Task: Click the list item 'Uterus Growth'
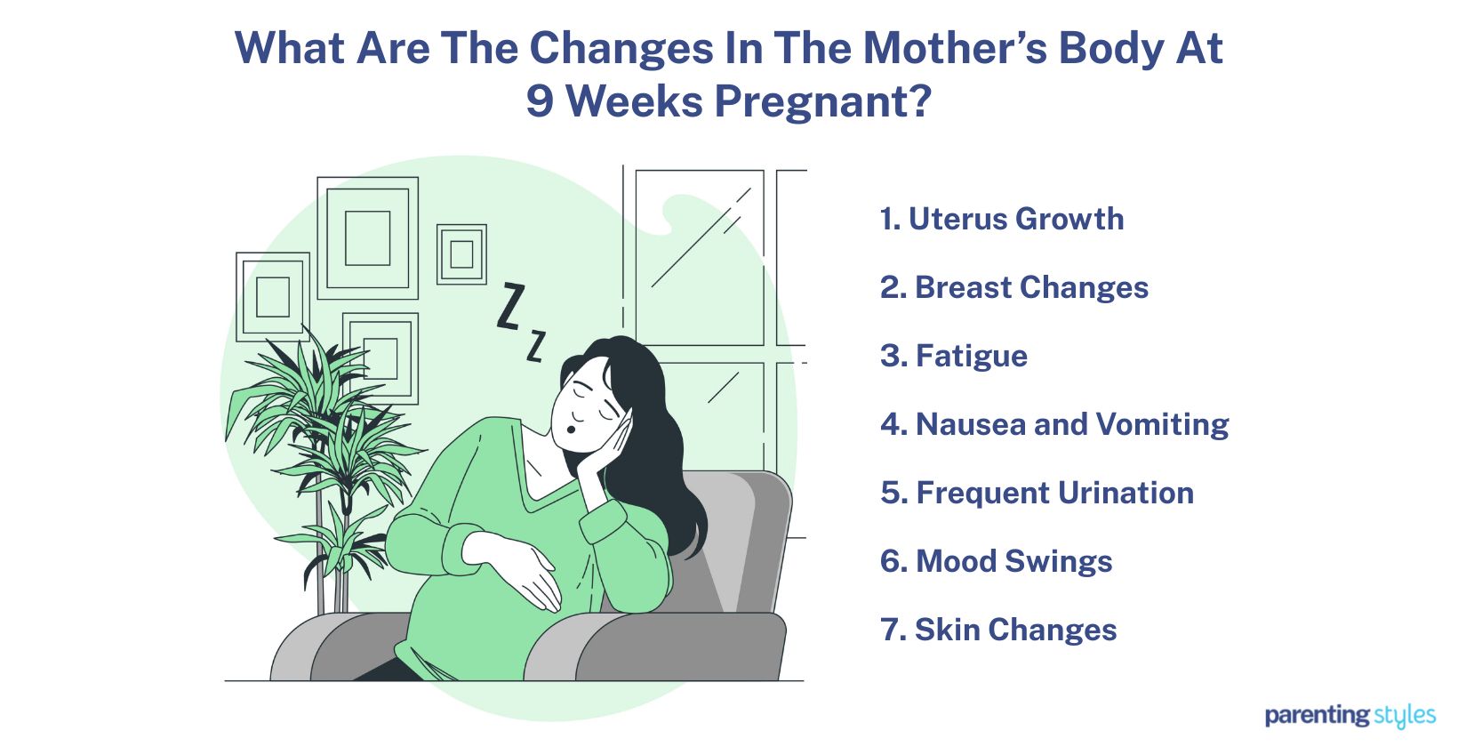point(1002,220)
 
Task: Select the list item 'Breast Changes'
point(1014,288)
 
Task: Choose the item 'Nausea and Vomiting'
point(1054,424)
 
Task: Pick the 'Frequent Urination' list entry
point(1037,493)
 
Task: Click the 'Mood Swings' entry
point(996,561)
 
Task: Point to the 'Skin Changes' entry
point(998,630)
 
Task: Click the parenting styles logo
point(1350,716)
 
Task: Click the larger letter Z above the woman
point(510,307)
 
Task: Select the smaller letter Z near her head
point(535,346)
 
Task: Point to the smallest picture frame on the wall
point(461,254)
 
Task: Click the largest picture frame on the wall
point(367,238)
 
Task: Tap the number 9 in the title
point(540,101)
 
